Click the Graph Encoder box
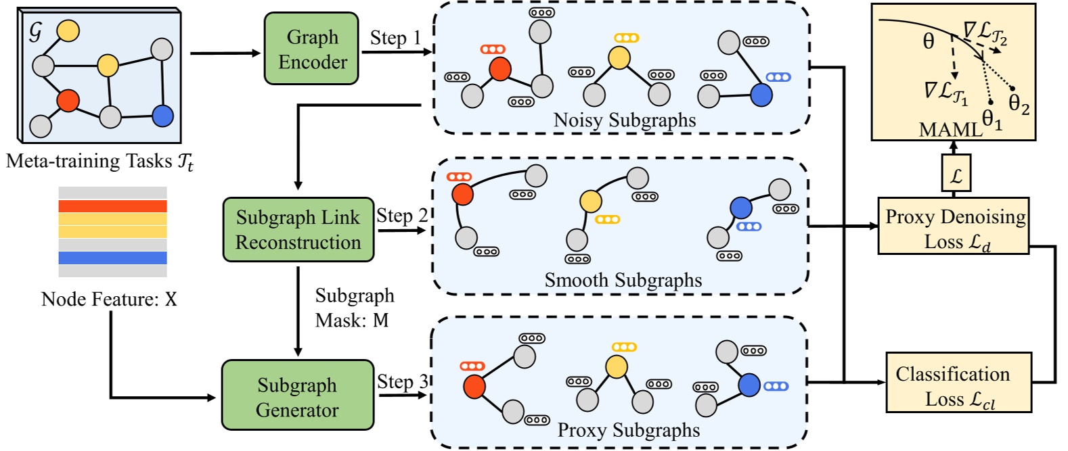coord(311,49)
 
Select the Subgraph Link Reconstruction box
coord(298,230)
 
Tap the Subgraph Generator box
coord(298,396)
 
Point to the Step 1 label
coord(395,38)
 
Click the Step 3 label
coord(403,382)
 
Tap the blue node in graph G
coord(162,116)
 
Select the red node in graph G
coord(68,100)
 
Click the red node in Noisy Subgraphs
coord(499,69)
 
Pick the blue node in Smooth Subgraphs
coord(741,207)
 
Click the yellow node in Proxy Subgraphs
coord(616,366)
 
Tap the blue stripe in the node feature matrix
coord(112,258)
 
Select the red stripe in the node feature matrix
coord(112,206)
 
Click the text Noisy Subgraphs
coord(624,120)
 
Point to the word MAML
coord(950,129)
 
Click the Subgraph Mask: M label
coord(354,308)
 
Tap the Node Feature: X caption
coord(109,300)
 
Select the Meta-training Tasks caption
coord(99,162)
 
